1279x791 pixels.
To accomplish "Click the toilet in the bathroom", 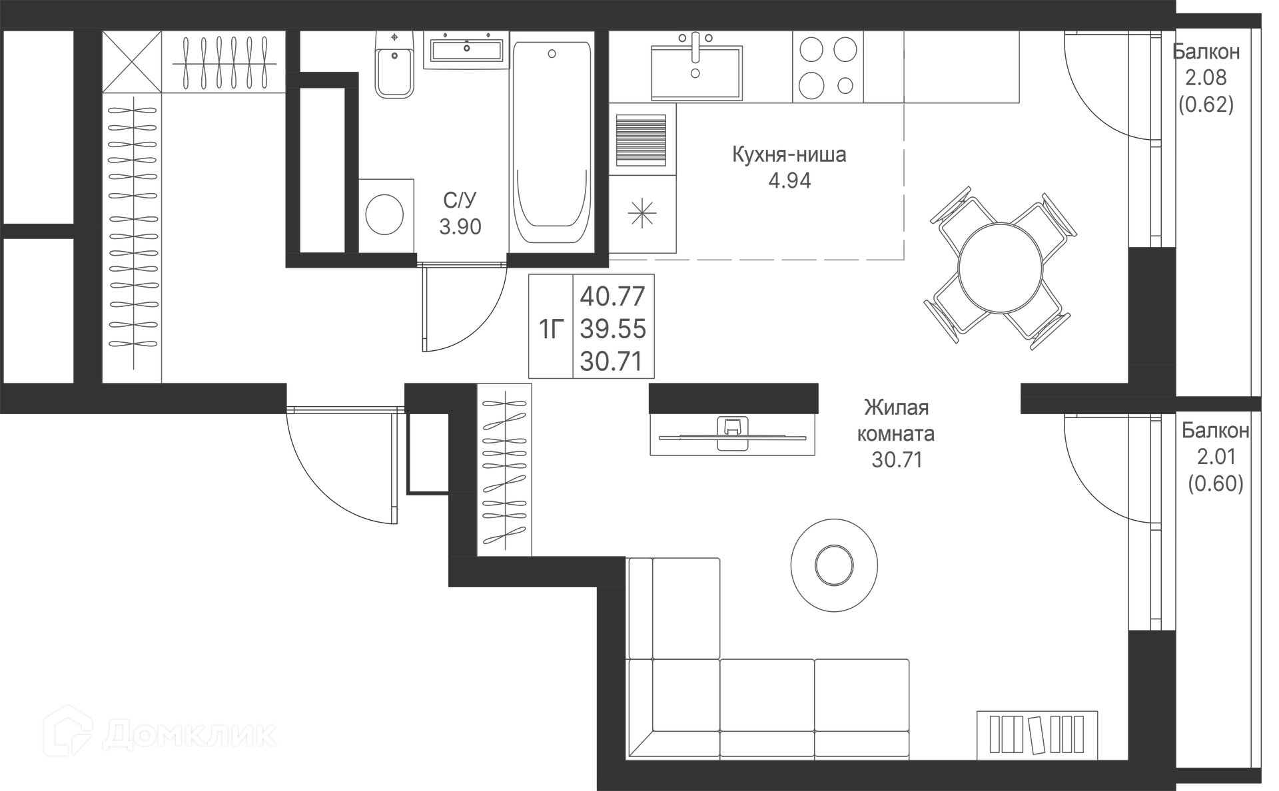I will tap(394, 67).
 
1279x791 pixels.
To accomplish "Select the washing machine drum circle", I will tap(384, 214).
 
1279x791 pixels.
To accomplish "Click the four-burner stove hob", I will tap(828, 67).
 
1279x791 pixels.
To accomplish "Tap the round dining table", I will tap(999, 268).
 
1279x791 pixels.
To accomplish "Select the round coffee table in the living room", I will tap(834, 566).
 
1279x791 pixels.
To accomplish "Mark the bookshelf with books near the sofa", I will tap(1037, 735).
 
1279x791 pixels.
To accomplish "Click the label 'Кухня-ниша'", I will tap(789, 154).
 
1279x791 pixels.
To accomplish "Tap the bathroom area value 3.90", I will tap(460, 227).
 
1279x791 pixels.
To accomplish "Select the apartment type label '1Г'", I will tap(551, 328).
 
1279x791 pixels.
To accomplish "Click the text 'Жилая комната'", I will tap(896, 420).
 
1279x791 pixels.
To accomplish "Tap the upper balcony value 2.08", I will tap(1206, 78).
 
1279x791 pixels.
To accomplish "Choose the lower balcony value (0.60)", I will tap(1216, 483).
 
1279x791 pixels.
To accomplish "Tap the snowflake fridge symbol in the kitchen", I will tap(642, 214).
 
